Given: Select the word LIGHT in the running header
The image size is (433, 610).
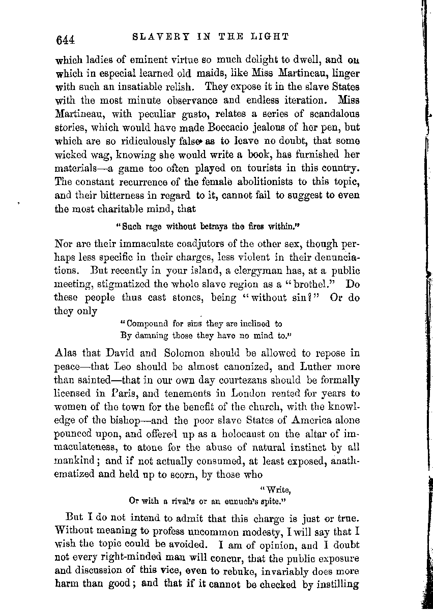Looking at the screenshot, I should tap(273, 36).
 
